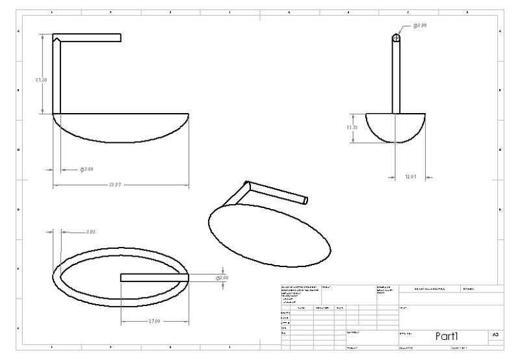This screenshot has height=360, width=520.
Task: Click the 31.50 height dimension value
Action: (x=41, y=79)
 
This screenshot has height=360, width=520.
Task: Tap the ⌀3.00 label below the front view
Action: (x=86, y=169)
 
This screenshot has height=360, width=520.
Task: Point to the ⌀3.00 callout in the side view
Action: (x=419, y=25)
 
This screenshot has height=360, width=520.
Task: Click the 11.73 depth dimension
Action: (x=352, y=127)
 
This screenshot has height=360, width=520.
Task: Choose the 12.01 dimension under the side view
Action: (x=409, y=176)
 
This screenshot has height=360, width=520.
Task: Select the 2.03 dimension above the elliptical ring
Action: (x=90, y=231)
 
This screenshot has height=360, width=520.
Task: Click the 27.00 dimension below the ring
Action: (x=153, y=321)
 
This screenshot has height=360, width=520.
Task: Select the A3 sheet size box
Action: (x=495, y=335)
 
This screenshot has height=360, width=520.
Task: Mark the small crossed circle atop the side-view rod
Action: (x=396, y=38)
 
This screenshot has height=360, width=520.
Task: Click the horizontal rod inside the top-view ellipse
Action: (x=154, y=277)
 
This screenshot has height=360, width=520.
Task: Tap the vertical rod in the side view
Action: (x=396, y=75)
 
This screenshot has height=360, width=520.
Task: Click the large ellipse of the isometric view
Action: (x=268, y=234)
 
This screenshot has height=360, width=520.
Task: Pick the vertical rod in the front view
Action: (x=56, y=78)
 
